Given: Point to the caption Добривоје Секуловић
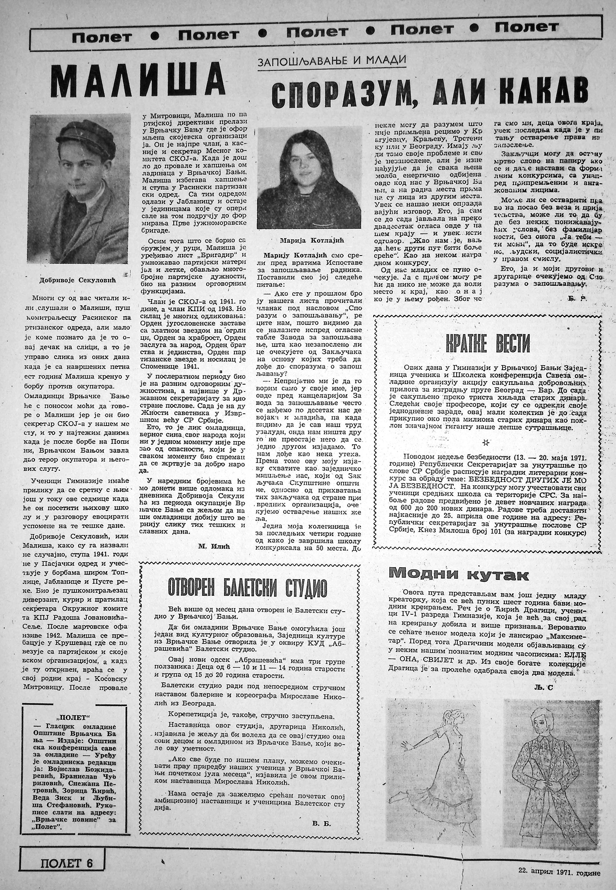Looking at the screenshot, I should [79, 281].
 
